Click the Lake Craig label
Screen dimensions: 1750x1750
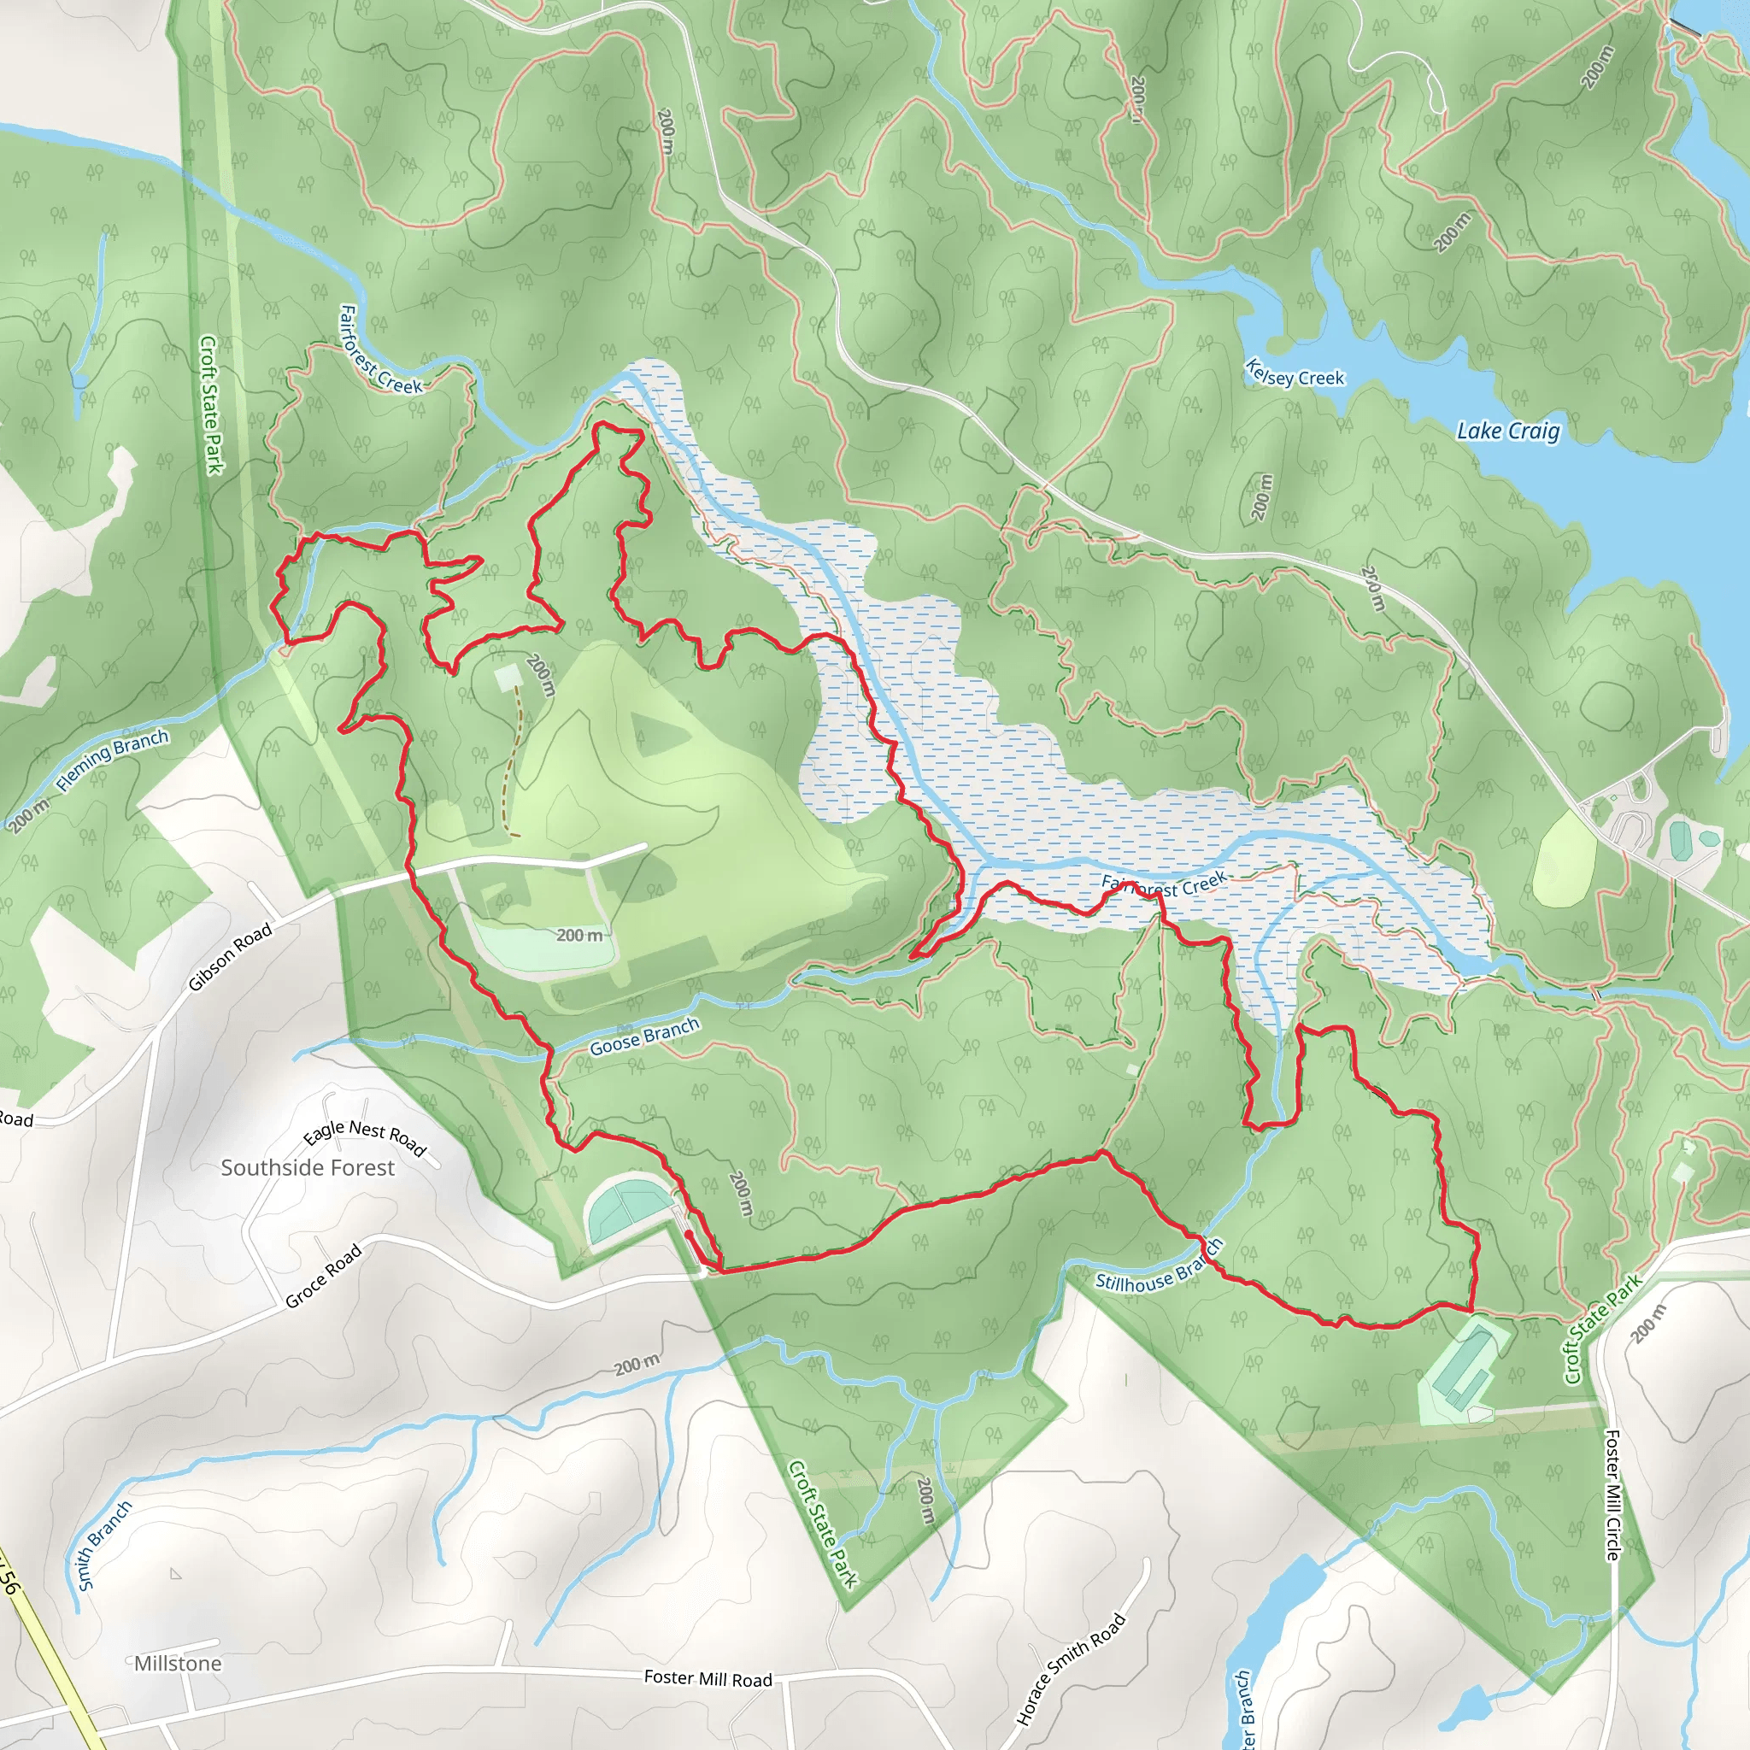1507,432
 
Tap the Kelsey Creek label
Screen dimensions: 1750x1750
1295,373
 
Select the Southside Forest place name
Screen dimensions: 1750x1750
308,1167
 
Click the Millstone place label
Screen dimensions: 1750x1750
178,1663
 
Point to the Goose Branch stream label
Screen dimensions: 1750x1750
644,1036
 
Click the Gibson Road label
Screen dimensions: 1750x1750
230,957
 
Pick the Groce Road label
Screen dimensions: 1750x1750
323,1277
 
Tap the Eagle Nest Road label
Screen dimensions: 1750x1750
364,1136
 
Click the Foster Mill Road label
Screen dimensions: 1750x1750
708,1678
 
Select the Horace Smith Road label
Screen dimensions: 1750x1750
1071,1670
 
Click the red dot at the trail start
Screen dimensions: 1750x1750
689,1234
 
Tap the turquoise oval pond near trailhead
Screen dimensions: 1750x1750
628,1207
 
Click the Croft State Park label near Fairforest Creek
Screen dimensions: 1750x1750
210,404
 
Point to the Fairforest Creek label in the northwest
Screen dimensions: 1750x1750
379,351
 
